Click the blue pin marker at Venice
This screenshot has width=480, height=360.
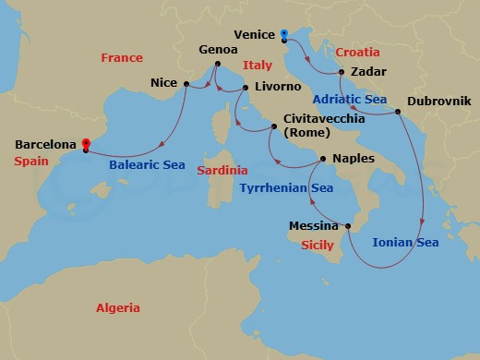[283, 34]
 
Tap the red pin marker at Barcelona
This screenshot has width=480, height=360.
[85, 144]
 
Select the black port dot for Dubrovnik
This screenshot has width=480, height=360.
[398, 113]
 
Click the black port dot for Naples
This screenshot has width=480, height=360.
[322, 159]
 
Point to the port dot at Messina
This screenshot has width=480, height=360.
[348, 225]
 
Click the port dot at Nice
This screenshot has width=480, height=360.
[186, 84]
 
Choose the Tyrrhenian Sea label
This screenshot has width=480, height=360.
[286, 188]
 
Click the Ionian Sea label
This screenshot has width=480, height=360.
[405, 244]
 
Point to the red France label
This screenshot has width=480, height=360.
[121, 58]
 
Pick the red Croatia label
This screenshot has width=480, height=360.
[358, 53]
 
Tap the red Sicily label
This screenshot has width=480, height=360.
[318, 246]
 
